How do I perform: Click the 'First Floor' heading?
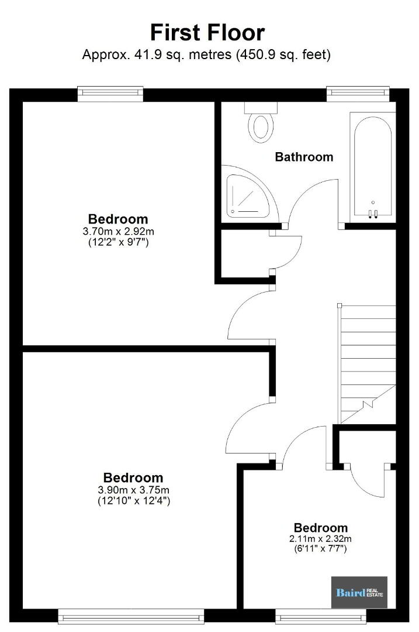click(207, 33)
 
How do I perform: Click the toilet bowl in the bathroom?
click(261, 128)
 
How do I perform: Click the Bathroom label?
click(304, 157)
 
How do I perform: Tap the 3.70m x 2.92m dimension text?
click(118, 231)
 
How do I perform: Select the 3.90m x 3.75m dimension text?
click(134, 490)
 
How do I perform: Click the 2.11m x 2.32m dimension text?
click(320, 539)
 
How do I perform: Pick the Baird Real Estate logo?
click(359, 592)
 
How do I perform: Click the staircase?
click(368, 364)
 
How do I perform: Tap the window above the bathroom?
click(358, 93)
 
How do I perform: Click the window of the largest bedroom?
click(131, 616)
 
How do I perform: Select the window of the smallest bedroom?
click(321, 616)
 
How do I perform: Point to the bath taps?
click(373, 213)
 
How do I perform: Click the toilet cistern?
click(261, 108)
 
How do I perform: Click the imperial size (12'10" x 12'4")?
click(134, 500)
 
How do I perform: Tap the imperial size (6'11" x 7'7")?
click(320, 548)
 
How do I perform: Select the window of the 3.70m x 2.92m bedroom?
click(110, 93)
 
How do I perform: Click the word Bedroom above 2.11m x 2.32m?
click(320, 528)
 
